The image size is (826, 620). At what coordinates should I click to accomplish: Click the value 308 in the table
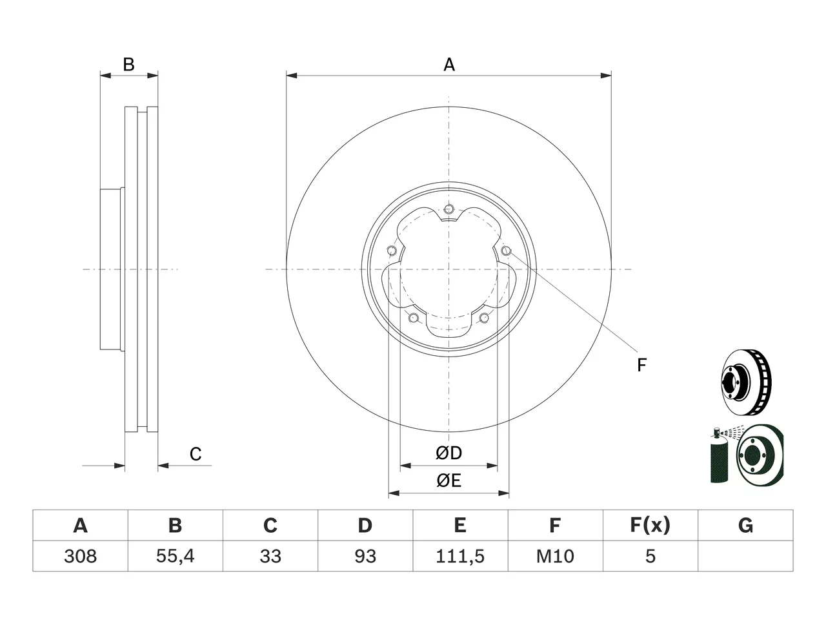tap(80, 556)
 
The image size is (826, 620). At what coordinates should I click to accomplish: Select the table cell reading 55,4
tap(176, 556)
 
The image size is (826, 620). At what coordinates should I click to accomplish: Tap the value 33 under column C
tap(270, 556)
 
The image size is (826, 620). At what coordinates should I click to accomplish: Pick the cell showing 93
tap(365, 556)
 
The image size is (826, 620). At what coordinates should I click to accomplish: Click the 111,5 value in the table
tap(460, 556)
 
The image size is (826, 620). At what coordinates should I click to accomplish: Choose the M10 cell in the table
tap(555, 556)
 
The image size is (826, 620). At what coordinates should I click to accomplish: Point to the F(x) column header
tap(650, 525)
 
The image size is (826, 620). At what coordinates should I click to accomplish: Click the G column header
tap(745, 525)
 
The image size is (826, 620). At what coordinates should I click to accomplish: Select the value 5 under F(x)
tap(650, 556)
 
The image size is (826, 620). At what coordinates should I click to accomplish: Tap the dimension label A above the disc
tap(449, 65)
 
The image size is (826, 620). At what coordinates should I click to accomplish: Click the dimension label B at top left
tap(128, 65)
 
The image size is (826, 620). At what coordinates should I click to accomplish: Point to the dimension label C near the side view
tap(196, 454)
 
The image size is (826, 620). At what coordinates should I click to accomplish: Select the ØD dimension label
tap(448, 453)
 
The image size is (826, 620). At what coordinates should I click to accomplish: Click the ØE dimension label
tap(448, 480)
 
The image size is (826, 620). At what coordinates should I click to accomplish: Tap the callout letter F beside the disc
tap(641, 365)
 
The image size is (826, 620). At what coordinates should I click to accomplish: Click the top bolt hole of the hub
tap(448, 209)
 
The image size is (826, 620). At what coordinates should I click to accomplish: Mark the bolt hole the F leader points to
tap(507, 251)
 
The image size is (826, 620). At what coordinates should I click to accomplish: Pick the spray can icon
tap(719, 455)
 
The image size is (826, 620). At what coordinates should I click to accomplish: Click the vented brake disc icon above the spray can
tap(746, 382)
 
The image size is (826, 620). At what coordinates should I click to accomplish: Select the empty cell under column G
tap(745, 556)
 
